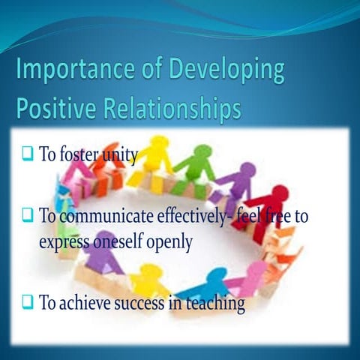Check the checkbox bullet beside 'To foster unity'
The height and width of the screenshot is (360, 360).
26,155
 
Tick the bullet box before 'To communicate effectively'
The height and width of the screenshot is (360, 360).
26,215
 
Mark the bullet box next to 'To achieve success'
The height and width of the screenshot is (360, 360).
26,302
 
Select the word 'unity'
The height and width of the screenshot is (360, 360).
122,155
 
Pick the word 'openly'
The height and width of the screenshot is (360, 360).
173,243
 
